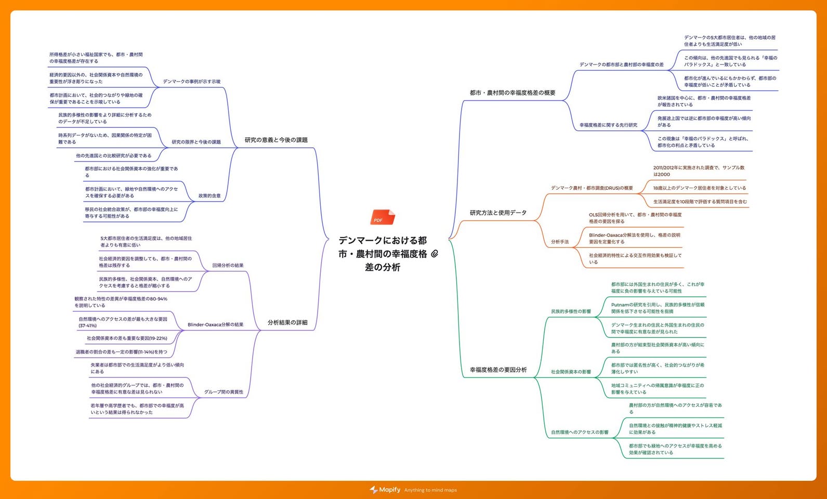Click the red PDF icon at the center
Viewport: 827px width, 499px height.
click(383, 217)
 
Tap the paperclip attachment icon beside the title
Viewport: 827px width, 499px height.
click(435, 254)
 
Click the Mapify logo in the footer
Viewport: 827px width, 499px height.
click(385, 490)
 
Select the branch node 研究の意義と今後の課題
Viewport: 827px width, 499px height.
click(276, 140)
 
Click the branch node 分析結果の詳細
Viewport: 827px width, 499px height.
click(287, 323)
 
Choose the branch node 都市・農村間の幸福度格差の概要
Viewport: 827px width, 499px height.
click(513, 93)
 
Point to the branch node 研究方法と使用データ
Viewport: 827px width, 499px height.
click(498, 213)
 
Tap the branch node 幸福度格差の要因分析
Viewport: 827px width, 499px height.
click(498, 370)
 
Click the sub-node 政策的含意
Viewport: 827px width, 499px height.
click(209, 195)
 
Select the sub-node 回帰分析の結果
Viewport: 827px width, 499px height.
click(228, 266)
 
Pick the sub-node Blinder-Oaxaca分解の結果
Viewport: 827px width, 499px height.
click(215, 325)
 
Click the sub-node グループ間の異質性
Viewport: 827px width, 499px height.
click(224, 392)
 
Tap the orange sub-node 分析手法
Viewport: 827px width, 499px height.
click(560, 242)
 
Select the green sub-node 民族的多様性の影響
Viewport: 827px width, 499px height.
click(571, 311)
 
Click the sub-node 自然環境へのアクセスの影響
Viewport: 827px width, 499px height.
click(580, 432)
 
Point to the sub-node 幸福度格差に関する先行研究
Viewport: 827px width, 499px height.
click(609, 125)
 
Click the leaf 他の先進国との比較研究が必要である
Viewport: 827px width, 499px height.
click(114, 156)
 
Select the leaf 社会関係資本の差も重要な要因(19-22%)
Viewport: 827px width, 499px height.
click(127, 338)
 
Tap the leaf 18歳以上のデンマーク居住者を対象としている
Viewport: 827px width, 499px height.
click(699, 188)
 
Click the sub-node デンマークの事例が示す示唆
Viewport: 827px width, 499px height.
click(192, 82)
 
